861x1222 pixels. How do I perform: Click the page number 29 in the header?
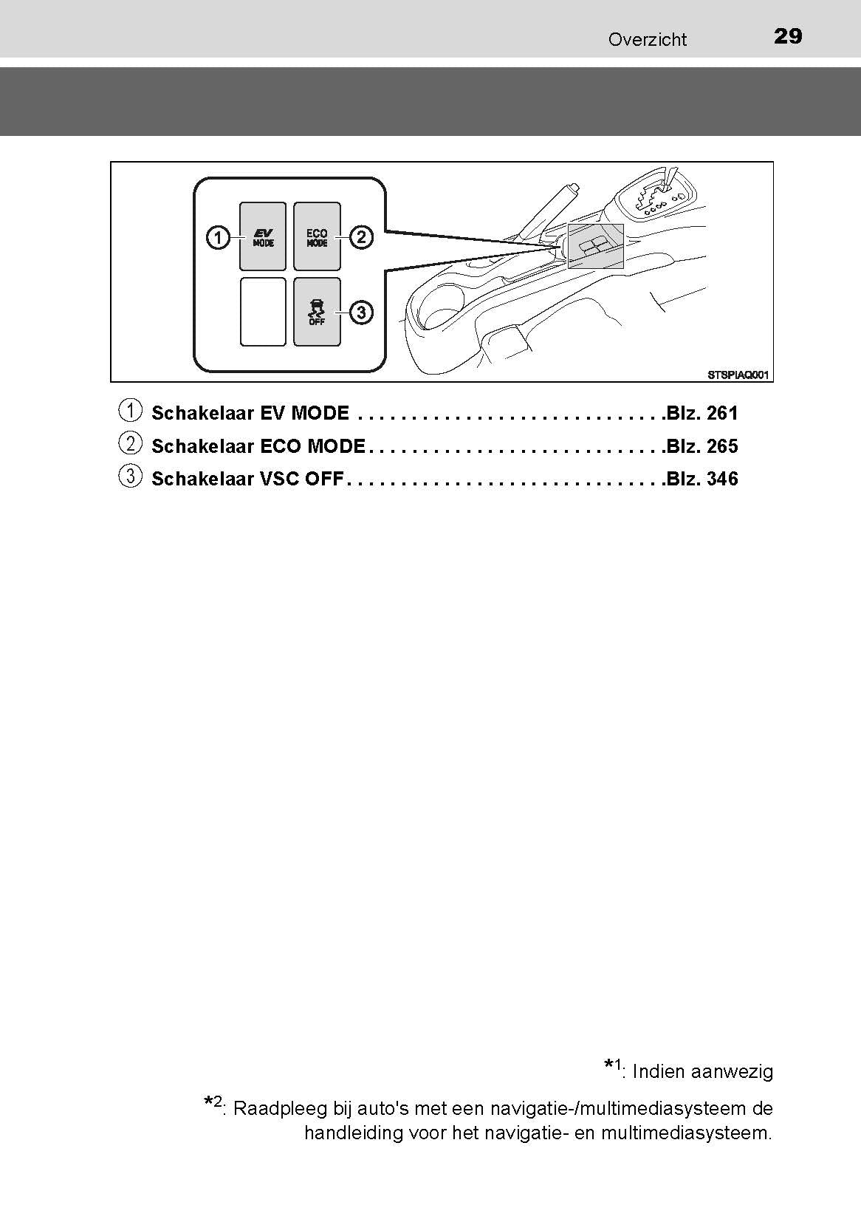[x=788, y=36]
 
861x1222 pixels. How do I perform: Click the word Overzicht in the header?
[x=647, y=40]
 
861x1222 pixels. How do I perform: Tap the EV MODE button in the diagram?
[x=263, y=237]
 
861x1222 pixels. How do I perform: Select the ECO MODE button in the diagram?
[x=318, y=237]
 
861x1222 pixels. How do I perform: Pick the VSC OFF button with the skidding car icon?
[x=318, y=312]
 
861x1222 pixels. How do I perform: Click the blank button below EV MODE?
[x=263, y=312]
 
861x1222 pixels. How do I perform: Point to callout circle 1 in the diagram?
[x=217, y=238]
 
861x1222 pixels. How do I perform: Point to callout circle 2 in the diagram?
[x=361, y=237]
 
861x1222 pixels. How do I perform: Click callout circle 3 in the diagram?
[x=361, y=313]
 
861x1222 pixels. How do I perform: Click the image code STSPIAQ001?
[x=738, y=375]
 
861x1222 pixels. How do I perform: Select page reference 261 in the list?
[x=722, y=413]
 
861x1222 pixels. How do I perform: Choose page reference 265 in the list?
[x=722, y=446]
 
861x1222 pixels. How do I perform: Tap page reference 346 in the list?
[x=722, y=479]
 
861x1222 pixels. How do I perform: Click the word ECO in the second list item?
[x=281, y=446]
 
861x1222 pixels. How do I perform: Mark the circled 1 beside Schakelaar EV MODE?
[x=130, y=410]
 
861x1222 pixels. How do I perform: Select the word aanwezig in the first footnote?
[x=736, y=1071]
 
